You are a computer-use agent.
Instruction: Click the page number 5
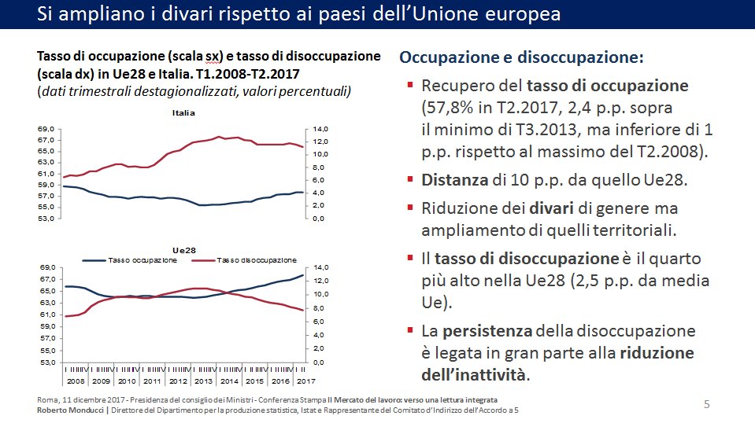click(x=706, y=404)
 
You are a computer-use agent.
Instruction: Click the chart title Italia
click(x=183, y=113)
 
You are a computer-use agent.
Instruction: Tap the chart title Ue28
click(x=183, y=249)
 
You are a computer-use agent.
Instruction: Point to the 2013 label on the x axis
click(x=204, y=381)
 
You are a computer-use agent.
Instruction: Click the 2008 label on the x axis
click(x=75, y=381)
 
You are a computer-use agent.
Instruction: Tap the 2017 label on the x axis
click(x=305, y=381)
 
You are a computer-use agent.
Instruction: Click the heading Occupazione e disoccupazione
click(x=521, y=58)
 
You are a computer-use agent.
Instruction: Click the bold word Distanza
click(x=455, y=180)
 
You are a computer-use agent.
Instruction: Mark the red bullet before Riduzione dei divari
click(x=410, y=208)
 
